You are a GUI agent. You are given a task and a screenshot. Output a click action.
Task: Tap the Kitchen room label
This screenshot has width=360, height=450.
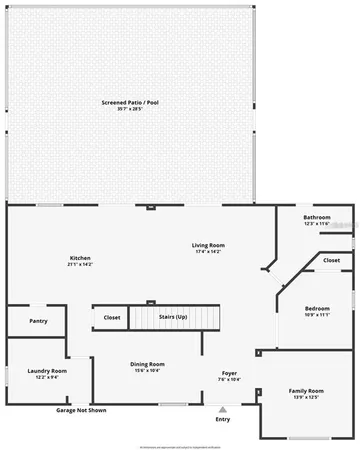click(80, 258)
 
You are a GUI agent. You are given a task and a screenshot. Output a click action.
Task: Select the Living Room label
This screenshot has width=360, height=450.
click(209, 245)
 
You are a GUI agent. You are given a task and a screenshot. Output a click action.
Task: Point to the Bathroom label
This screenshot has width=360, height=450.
click(317, 217)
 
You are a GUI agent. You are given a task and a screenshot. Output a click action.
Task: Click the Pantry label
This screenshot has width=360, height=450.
click(38, 321)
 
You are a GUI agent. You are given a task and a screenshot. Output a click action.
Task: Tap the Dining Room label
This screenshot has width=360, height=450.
click(147, 364)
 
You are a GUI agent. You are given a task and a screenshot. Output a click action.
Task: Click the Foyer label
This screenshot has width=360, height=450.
click(229, 373)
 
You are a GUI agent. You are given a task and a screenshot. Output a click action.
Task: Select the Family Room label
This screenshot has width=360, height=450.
click(306, 390)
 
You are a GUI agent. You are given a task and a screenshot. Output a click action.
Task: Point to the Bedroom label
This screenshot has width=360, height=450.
click(317, 308)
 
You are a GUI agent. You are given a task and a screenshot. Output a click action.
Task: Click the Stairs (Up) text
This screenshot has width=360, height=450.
click(173, 317)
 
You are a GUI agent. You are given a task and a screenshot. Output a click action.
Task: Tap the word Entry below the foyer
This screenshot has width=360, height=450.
click(222, 419)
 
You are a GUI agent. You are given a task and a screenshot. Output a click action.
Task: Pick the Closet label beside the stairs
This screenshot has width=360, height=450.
click(111, 317)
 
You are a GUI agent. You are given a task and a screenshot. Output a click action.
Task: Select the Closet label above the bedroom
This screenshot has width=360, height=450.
click(331, 260)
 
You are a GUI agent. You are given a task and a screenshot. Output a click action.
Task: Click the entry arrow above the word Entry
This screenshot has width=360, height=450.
click(222, 409)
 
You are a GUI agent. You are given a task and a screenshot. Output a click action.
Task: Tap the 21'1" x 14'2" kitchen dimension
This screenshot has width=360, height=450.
click(80, 264)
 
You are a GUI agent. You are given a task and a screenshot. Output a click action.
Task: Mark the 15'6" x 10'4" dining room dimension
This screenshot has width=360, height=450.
click(147, 370)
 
